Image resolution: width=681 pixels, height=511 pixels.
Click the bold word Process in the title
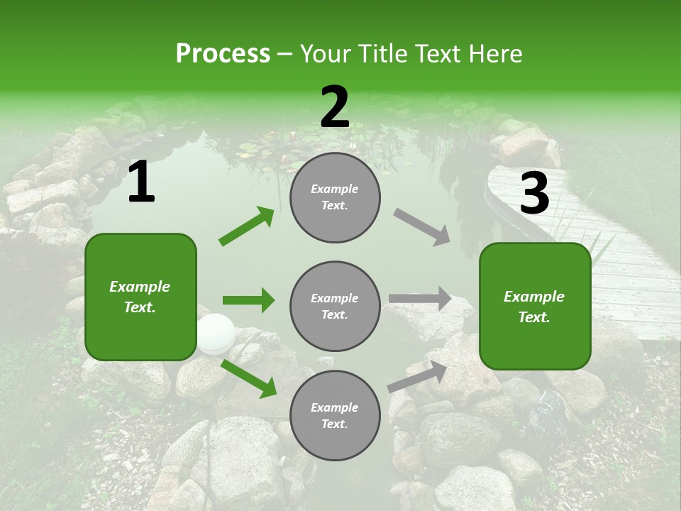tap(223, 53)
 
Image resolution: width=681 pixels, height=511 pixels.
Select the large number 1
tap(141, 182)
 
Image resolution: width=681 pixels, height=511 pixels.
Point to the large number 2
tap(335, 107)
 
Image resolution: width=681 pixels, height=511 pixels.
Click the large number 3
tap(534, 193)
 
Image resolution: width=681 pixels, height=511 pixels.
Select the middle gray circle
tap(335, 306)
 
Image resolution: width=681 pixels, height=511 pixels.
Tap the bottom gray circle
tap(335, 415)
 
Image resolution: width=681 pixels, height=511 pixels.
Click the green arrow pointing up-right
tap(247, 226)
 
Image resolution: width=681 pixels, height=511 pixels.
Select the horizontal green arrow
tap(248, 300)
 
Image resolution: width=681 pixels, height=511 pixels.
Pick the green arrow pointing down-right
tap(249, 378)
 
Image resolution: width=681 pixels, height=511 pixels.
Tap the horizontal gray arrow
tap(420, 299)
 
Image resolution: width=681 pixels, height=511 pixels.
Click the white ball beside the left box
tap(215, 334)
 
